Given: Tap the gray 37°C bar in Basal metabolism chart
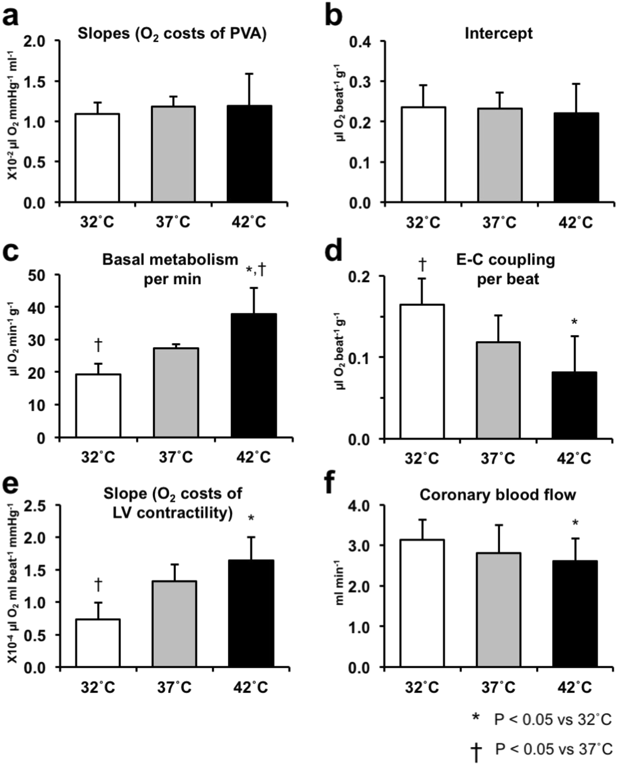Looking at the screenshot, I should tap(176, 392).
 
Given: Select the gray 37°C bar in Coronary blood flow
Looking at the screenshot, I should tap(499, 610).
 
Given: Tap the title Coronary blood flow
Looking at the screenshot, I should tap(498, 494).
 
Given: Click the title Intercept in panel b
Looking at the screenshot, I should tap(499, 33).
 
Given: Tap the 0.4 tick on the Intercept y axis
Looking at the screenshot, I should tap(361, 41).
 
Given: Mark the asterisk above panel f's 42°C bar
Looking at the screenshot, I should tap(575, 524).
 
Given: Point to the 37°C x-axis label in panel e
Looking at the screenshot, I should tap(174, 687).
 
